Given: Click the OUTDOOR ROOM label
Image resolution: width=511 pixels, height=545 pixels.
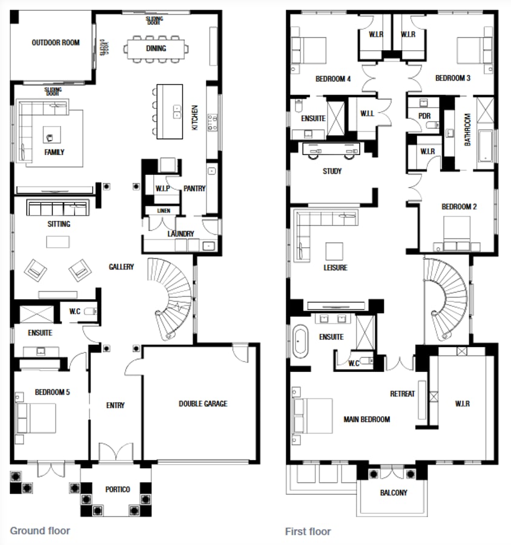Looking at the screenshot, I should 56,43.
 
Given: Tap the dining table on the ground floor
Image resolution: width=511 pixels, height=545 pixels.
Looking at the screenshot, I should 156,48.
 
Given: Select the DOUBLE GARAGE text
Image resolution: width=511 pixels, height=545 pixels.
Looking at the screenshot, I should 203,404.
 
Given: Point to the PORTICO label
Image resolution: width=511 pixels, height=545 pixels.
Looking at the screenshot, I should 117,489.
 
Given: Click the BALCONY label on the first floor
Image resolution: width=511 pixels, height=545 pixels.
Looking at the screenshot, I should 394,493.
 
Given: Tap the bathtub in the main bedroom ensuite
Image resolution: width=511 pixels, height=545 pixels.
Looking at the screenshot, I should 300,342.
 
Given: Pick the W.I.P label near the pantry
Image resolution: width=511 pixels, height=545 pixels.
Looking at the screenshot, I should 162,188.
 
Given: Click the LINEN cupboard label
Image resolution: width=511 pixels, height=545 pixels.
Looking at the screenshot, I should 163,211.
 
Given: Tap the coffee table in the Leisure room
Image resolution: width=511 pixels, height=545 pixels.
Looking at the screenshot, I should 334,250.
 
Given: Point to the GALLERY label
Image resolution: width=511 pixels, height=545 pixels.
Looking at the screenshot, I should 121,267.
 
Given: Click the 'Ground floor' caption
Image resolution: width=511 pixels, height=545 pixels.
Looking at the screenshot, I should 40,531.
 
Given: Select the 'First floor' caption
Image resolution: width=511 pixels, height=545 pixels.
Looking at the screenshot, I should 308,532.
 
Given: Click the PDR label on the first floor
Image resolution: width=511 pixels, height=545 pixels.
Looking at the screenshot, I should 424,116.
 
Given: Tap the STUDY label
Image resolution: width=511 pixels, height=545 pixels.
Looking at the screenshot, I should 332,171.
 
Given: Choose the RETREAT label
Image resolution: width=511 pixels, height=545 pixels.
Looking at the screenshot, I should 403,394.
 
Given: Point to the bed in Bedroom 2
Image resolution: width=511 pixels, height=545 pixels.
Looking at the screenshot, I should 457,231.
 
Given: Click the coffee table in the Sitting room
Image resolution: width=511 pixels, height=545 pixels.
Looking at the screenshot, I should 58,242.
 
